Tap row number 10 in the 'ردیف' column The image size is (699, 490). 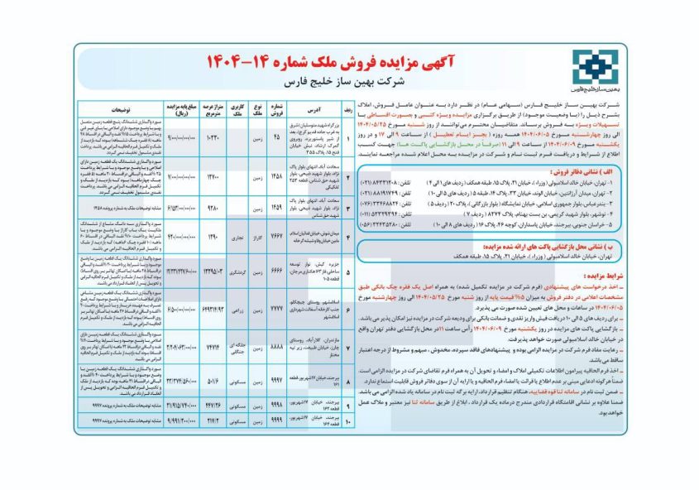tap(348, 420)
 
